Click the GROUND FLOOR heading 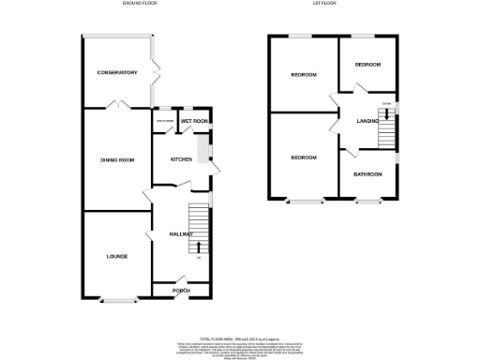point(138,4)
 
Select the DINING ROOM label point(118,159)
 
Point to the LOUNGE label point(116,256)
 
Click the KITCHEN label point(181,159)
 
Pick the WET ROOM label point(194,122)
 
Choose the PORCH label point(181,291)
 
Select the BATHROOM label point(367,174)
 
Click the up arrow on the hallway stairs point(198,247)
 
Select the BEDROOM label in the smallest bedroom point(367,64)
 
